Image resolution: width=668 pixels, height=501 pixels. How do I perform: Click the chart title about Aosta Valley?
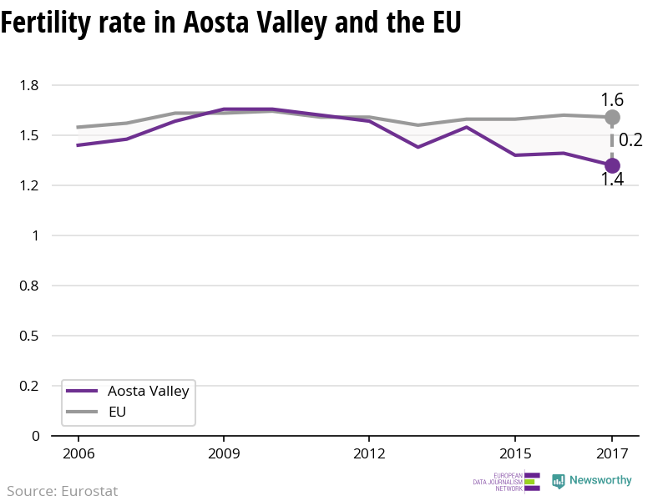point(230,23)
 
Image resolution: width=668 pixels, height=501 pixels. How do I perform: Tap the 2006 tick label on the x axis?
point(78,453)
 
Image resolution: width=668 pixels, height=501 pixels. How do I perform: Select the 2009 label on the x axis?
point(223,453)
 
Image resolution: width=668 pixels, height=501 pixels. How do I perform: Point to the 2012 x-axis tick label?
point(368,453)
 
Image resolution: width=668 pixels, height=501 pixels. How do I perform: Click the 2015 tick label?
point(514,453)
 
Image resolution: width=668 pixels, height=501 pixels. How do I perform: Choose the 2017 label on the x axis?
point(612,453)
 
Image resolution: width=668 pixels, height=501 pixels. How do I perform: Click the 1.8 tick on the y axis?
point(29,85)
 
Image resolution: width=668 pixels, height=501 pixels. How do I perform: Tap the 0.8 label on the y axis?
point(29,286)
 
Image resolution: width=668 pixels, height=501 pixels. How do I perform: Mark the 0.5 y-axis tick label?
point(29,336)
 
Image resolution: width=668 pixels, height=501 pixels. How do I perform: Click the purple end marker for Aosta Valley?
point(612,165)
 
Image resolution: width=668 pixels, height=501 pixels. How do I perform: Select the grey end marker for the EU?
point(612,117)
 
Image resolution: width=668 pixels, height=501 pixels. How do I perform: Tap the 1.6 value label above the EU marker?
point(612,99)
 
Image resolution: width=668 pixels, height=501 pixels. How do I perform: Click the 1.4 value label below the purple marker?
point(612,179)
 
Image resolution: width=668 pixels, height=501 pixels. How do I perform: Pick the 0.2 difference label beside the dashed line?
point(630,140)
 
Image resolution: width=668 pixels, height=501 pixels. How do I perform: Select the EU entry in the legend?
point(117,412)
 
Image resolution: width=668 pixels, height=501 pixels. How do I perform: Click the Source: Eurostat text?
point(62,491)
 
